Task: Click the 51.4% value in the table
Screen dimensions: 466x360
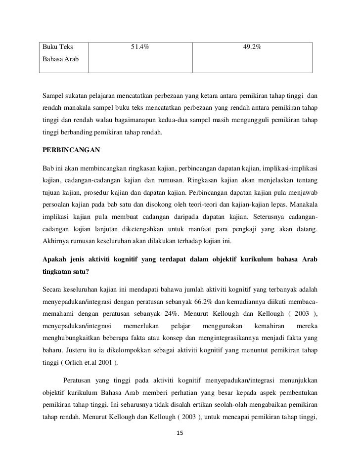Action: point(140,47)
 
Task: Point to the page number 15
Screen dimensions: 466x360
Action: point(180,433)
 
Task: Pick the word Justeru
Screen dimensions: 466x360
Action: point(78,351)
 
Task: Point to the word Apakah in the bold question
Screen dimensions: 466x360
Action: point(56,259)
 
